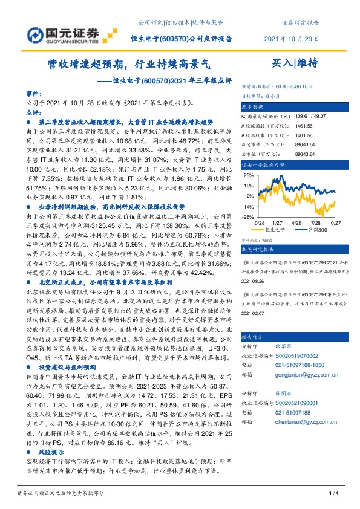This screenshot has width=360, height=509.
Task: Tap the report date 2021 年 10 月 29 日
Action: [x=292, y=39]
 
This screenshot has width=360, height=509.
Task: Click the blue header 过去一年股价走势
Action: [x=263, y=164]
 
